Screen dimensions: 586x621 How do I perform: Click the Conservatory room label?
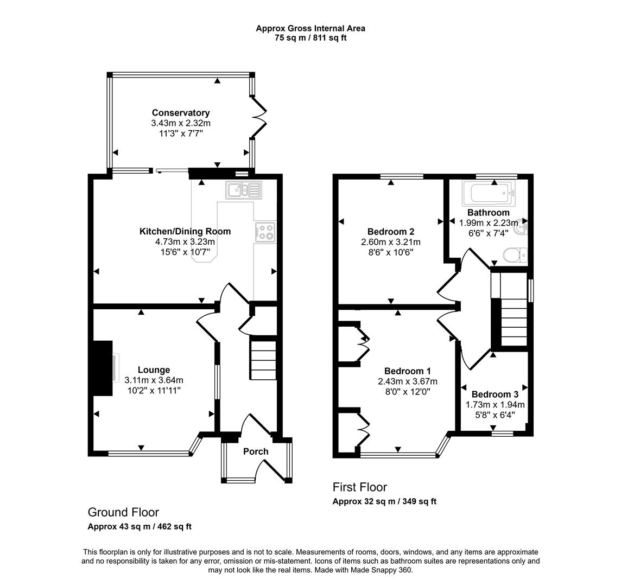180,113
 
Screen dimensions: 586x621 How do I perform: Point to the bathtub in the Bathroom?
487,192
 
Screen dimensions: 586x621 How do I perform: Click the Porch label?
256,451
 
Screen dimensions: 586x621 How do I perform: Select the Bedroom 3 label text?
495,394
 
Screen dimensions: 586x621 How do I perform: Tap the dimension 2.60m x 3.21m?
391,242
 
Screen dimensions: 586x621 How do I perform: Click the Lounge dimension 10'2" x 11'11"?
154,390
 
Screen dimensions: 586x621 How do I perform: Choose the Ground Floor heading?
123,512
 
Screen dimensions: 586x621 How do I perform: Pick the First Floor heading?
359,487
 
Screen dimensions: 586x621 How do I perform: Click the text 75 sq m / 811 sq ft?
310,38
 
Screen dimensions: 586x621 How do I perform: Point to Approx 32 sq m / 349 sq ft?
384,501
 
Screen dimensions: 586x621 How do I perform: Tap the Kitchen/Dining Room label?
185,231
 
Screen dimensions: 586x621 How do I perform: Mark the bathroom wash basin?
522,227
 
